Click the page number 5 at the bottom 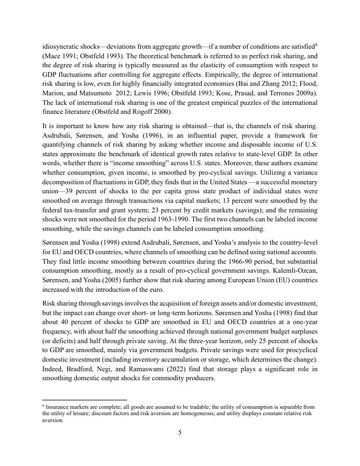[x=180, y=433]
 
